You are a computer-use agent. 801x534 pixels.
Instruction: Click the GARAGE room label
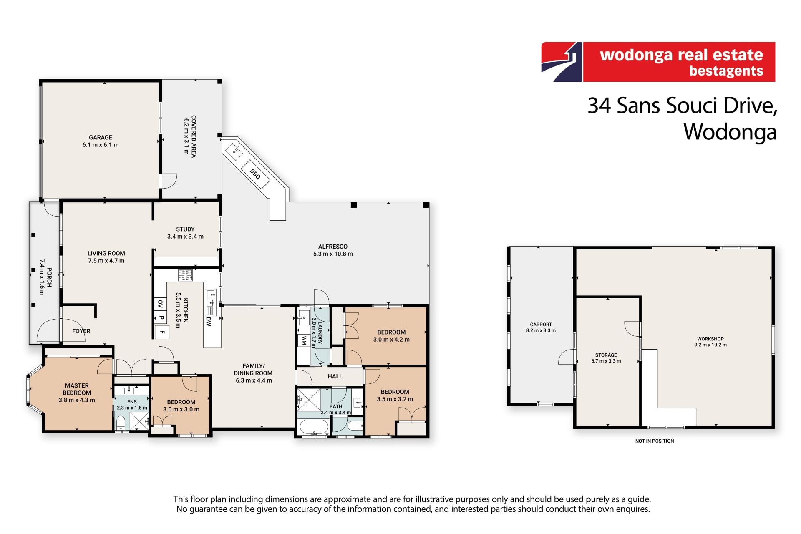tap(101, 137)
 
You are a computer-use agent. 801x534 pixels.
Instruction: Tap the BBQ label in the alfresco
tap(255, 174)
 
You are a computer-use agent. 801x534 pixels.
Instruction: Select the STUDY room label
tap(185, 229)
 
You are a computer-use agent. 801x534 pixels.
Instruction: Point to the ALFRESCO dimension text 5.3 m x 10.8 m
tap(333, 254)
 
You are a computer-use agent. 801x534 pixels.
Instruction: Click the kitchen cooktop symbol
tap(185, 275)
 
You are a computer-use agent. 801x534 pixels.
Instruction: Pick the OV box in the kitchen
tap(160, 304)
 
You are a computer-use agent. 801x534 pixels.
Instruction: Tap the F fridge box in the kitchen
tap(162, 332)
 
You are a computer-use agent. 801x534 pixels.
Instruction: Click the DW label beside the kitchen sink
tap(209, 321)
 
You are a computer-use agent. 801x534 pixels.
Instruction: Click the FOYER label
tap(81, 331)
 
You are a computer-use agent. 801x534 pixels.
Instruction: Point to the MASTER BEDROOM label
tap(77, 389)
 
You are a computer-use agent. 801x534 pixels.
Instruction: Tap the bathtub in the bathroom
tap(314, 427)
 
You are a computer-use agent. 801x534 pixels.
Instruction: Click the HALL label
tap(335, 376)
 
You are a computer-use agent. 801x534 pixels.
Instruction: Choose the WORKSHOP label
tap(710, 339)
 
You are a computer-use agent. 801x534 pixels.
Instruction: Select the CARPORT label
tap(541, 325)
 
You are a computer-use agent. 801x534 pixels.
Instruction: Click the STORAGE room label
tap(606, 355)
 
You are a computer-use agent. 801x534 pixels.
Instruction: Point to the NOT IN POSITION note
tap(655, 441)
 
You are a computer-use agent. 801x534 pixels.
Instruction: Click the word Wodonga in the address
tap(730, 132)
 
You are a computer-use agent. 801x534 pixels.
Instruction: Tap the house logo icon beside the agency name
tap(562, 62)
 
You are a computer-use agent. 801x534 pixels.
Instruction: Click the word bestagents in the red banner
tap(726, 71)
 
